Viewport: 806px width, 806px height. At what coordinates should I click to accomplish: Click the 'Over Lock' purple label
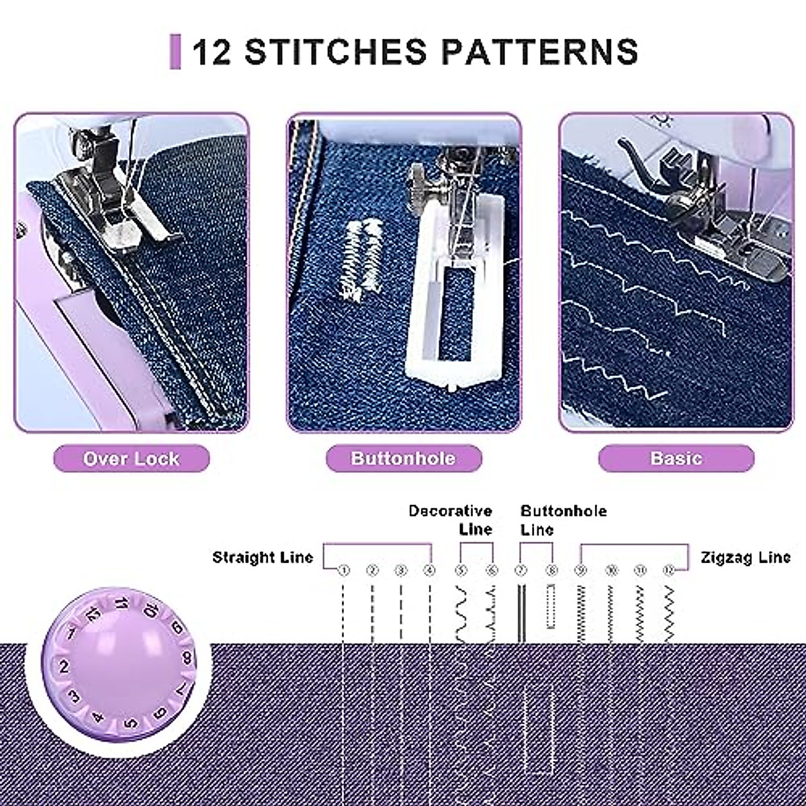click(x=132, y=459)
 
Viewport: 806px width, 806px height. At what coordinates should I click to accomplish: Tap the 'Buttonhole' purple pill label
click(x=404, y=459)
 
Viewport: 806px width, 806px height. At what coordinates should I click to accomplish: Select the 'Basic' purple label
click(x=676, y=459)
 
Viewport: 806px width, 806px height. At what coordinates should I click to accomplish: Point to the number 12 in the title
click(x=212, y=52)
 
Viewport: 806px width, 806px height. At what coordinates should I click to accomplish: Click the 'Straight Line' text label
click(x=263, y=557)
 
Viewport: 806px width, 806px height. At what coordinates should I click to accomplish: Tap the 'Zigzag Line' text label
click(x=746, y=557)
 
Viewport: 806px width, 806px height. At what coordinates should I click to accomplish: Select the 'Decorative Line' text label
click(x=450, y=520)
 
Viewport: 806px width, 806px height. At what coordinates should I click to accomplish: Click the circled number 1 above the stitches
click(x=344, y=571)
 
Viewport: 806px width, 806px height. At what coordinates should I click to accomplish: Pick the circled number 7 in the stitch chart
click(x=521, y=571)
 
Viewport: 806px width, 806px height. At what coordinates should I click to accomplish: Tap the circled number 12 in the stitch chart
click(x=668, y=571)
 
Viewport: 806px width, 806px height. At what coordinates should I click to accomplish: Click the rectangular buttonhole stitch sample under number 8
click(x=551, y=606)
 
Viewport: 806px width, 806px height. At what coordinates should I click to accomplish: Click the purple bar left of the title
click(x=175, y=52)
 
